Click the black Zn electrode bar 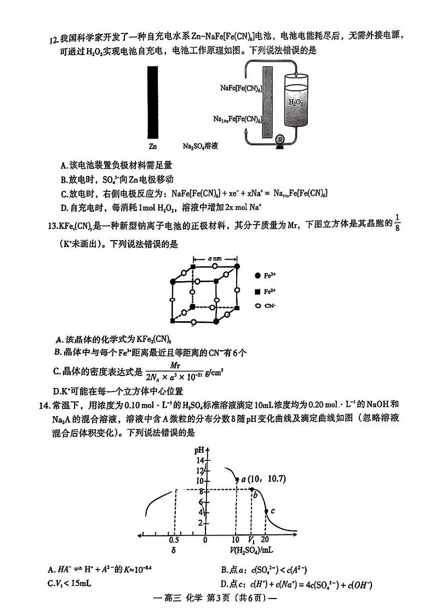click(x=153, y=102)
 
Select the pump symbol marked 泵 click(x=280, y=139)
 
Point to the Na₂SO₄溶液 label click(x=201, y=146)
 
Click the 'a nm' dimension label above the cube click(x=215, y=257)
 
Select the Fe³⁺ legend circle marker click(x=258, y=277)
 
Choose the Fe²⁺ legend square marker click(x=258, y=292)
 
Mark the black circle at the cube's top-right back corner click(x=237, y=266)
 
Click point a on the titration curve click(x=237, y=480)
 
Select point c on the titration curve click(x=266, y=511)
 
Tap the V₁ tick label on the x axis click(x=251, y=540)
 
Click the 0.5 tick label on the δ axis click(x=174, y=540)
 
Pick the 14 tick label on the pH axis click(x=201, y=460)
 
